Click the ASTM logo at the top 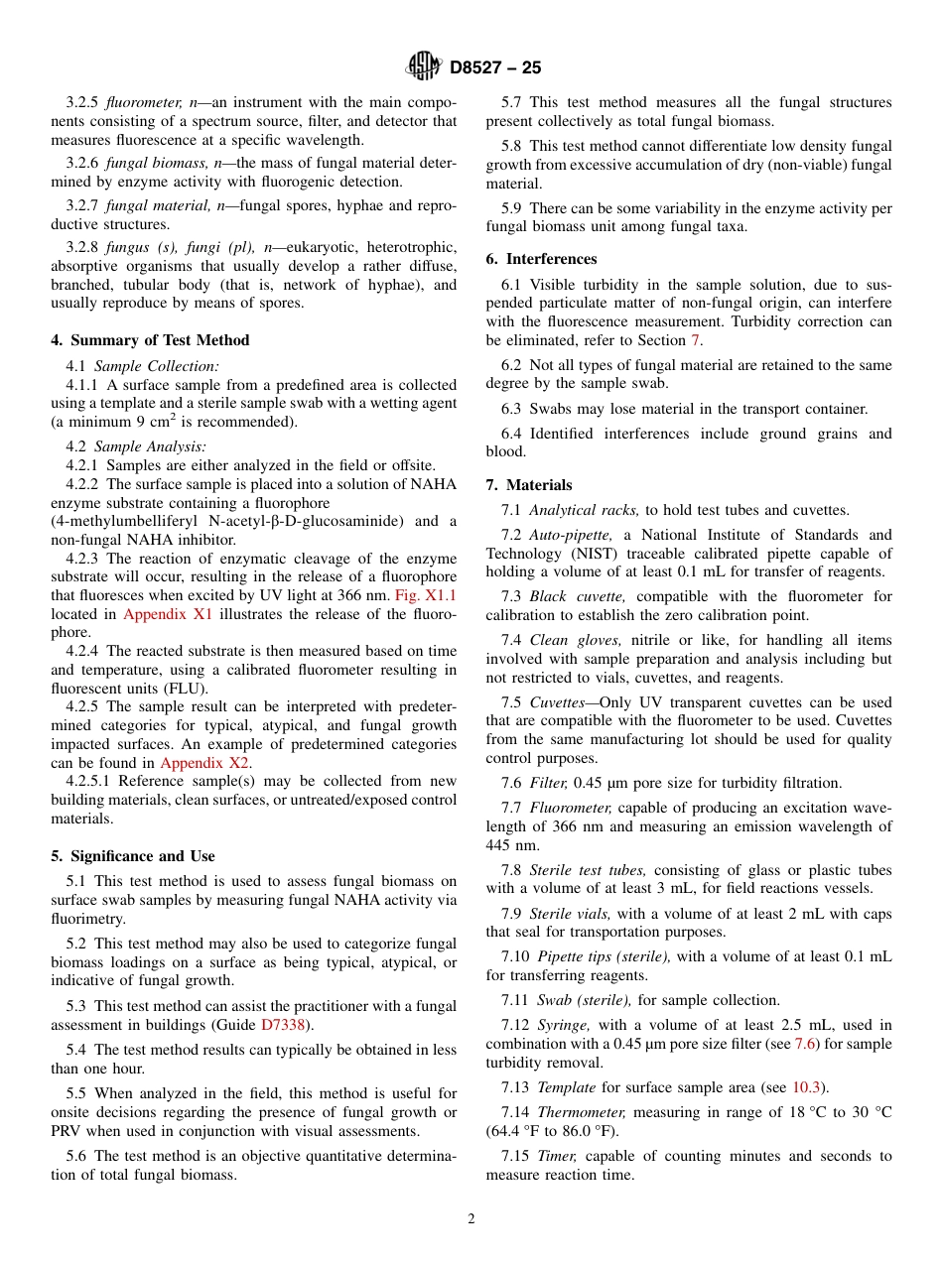click(x=425, y=66)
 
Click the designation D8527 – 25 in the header click(x=495, y=67)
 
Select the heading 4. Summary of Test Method click(x=150, y=340)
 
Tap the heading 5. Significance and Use click(x=132, y=856)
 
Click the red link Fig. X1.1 click(x=425, y=595)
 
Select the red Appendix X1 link click(x=168, y=614)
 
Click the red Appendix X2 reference click(x=204, y=763)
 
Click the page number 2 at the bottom click(x=471, y=1219)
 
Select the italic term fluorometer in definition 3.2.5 click(x=144, y=102)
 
